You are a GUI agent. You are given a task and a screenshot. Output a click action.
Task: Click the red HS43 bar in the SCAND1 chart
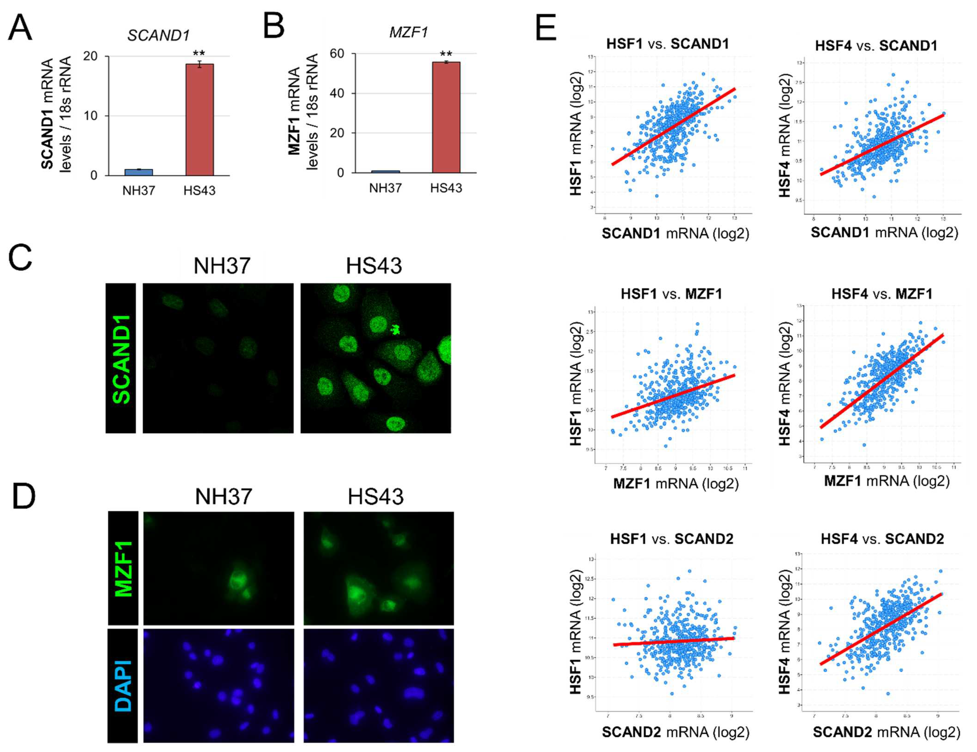pyautogui.click(x=200, y=120)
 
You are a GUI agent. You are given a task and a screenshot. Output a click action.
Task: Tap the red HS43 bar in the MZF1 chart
pyautogui.click(x=446, y=117)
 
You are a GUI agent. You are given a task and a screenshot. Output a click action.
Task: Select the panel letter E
pyautogui.click(x=546, y=28)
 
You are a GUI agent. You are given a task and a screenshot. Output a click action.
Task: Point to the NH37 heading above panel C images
pyautogui.click(x=222, y=266)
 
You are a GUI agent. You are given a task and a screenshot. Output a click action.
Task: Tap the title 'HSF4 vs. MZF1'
pyautogui.click(x=882, y=294)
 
